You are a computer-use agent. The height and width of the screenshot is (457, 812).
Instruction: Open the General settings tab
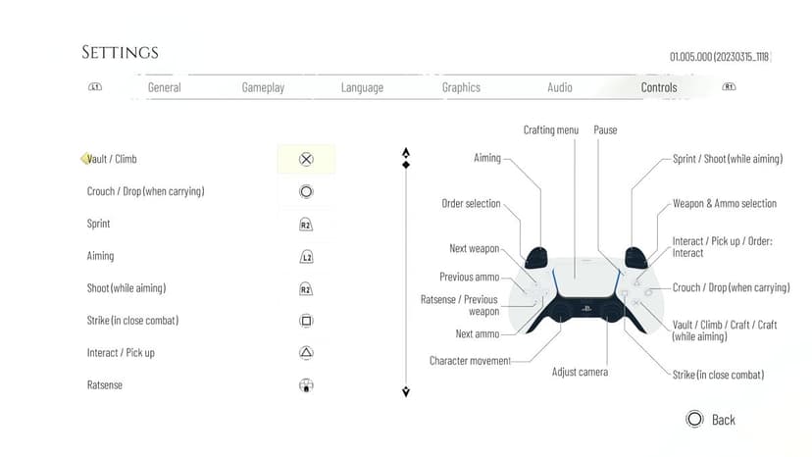click(164, 87)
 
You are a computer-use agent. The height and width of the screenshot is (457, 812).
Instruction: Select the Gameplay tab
click(263, 87)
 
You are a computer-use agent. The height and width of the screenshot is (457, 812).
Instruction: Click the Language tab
click(362, 87)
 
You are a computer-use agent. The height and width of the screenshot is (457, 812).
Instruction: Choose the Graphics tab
click(461, 87)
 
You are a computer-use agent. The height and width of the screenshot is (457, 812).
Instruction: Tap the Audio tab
click(560, 87)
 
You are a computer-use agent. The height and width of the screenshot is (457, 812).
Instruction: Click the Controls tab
click(659, 87)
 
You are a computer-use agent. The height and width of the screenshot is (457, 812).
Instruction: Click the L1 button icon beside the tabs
click(95, 86)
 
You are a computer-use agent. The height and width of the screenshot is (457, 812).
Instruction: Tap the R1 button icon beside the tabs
click(729, 86)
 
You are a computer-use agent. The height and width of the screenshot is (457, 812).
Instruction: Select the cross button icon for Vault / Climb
click(306, 159)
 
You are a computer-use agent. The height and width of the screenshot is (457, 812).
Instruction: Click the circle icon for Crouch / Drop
click(306, 191)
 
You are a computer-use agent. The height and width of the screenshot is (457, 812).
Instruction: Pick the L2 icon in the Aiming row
click(306, 257)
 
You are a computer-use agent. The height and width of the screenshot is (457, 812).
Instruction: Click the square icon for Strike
click(306, 321)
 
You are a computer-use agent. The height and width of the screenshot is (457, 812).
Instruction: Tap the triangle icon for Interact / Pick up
click(306, 353)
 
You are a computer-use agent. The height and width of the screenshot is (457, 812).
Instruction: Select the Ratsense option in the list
click(105, 385)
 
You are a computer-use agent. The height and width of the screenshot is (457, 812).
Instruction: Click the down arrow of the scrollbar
click(406, 391)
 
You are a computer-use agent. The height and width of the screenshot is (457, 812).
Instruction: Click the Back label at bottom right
click(724, 420)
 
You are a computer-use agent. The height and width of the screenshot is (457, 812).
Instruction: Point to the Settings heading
click(120, 52)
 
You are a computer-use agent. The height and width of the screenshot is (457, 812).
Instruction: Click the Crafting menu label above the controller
click(550, 130)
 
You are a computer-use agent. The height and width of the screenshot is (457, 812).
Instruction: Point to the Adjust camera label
click(580, 372)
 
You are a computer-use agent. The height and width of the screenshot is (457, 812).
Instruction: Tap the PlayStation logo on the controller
click(586, 308)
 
